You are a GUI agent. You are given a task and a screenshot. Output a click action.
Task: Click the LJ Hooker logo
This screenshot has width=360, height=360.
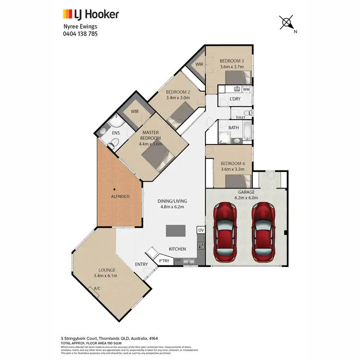(x=91, y=14)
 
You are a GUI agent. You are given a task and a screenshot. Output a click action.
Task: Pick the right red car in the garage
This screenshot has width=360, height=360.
(x=264, y=230)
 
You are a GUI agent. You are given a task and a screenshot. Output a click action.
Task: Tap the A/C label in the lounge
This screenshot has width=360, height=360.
(x=96, y=288)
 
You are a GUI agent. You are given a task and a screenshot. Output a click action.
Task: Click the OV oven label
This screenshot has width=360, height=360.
(x=201, y=231)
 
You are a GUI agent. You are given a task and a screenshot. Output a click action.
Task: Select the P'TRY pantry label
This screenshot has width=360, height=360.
(x=165, y=261)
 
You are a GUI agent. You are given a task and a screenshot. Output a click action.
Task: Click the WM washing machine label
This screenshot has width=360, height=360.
(x=246, y=89)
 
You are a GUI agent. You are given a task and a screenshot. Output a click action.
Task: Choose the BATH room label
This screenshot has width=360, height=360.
(x=234, y=127)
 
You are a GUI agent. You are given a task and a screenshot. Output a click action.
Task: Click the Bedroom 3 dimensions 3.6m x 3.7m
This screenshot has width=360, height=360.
(x=232, y=67)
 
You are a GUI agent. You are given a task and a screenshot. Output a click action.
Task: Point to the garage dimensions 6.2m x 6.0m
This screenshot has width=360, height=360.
(x=246, y=197)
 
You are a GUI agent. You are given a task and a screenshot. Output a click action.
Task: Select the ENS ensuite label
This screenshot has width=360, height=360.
(x=116, y=132)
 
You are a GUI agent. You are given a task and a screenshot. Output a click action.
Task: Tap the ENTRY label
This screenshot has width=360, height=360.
(x=142, y=264)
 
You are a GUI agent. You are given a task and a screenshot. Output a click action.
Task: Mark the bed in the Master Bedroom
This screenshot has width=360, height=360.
(x=157, y=156)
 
